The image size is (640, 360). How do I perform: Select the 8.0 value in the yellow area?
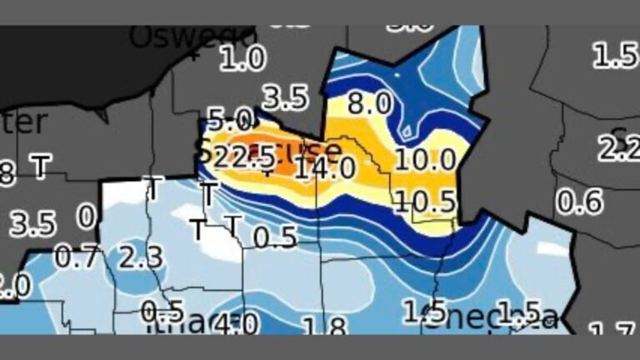click(x=368, y=104)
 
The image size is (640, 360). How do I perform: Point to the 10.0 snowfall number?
click(x=425, y=159)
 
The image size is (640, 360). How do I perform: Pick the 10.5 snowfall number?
click(x=425, y=201)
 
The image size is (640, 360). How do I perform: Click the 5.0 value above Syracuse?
click(x=229, y=118)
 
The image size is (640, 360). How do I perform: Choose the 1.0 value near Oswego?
click(x=243, y=58)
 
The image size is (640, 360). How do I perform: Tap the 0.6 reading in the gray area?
click(x=579, y=202)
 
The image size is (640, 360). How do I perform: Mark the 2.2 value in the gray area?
click(x=617, y=148)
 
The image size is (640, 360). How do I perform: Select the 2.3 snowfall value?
click(x=139, y=257)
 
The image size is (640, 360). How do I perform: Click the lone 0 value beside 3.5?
click(x=87, y=217)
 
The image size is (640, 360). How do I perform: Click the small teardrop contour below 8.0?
click(x=407, y=129)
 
